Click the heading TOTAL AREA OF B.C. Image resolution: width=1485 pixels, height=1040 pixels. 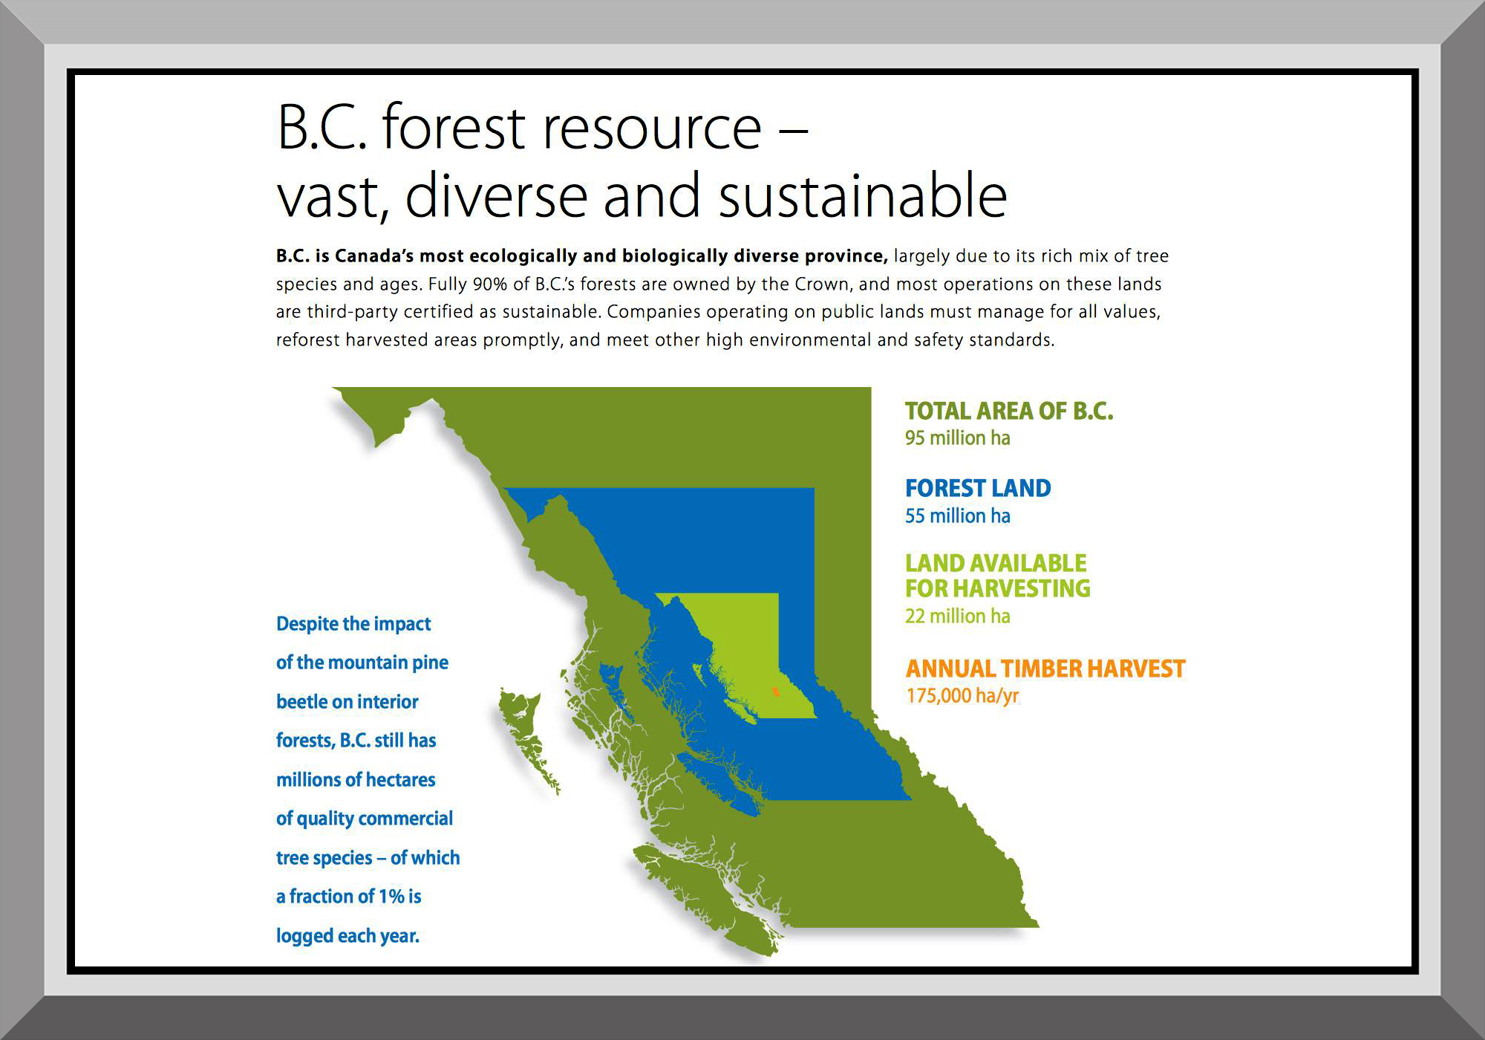click(x=1009, y=411)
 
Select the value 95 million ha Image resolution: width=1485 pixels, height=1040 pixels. click(x=957, y=438)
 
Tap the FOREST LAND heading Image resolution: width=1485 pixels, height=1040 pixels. click(x=978, y=488)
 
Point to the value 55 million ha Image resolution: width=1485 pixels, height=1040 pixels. click(x=957, y=516)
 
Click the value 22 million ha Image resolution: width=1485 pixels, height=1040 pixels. click(x=957, y=616)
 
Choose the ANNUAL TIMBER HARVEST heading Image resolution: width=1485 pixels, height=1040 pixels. click(x=1045, y=669)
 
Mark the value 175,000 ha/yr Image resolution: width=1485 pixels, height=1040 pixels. click(x=962, y=696)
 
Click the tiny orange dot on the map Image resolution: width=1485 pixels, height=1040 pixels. click(x=775, y=692)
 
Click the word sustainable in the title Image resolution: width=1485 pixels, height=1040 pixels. click(x=863, y=195)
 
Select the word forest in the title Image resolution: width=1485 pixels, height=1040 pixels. click(x=454, y=128)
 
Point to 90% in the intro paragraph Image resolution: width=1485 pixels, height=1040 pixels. click(x=489, y=285)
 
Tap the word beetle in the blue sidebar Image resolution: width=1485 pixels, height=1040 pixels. click(x=301, y=701)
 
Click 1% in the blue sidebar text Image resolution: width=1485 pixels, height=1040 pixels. click(x=391, y=897)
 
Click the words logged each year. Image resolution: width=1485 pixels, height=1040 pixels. click(x=347, y=936)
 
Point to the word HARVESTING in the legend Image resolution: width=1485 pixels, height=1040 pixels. click(x=1022, y=588)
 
